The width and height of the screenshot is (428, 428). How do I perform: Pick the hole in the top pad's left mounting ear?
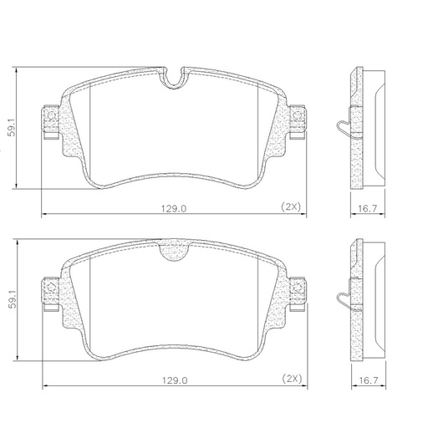coord(49,115)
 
